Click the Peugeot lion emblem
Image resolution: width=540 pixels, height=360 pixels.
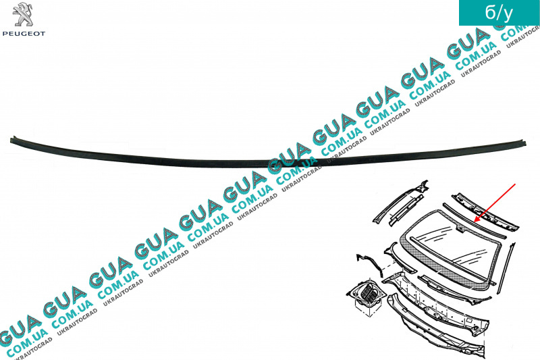point(24,14)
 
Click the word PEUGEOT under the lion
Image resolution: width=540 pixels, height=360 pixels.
point(24,34)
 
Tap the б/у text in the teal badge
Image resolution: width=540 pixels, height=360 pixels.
point(499,12)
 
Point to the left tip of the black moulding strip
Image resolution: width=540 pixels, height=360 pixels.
point(11,139)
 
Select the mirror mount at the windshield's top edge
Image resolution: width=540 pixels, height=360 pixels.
point(460,228)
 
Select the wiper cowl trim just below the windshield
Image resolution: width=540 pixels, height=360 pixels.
point(454,289)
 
